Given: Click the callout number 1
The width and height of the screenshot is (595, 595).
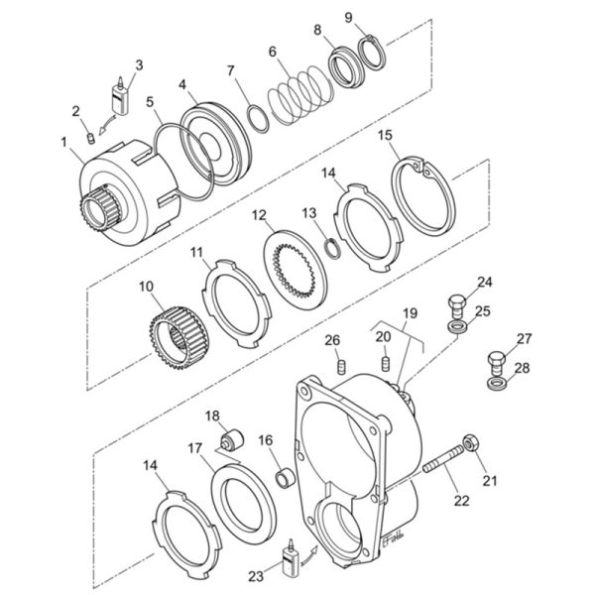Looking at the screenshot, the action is (x=64, y=142).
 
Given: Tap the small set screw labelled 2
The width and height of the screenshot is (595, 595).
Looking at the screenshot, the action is (x=90, y=138).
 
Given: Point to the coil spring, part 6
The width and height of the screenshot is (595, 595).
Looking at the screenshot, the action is (x=300, y=95).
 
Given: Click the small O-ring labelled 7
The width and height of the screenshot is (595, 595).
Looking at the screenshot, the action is (x=258, y=120).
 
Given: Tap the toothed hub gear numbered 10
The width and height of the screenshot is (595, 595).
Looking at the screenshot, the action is (x=178, y=338).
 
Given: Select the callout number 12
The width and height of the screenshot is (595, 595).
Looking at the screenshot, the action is (x=259, y=215).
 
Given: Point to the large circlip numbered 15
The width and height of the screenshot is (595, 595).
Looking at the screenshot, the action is (x=422, y=195).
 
